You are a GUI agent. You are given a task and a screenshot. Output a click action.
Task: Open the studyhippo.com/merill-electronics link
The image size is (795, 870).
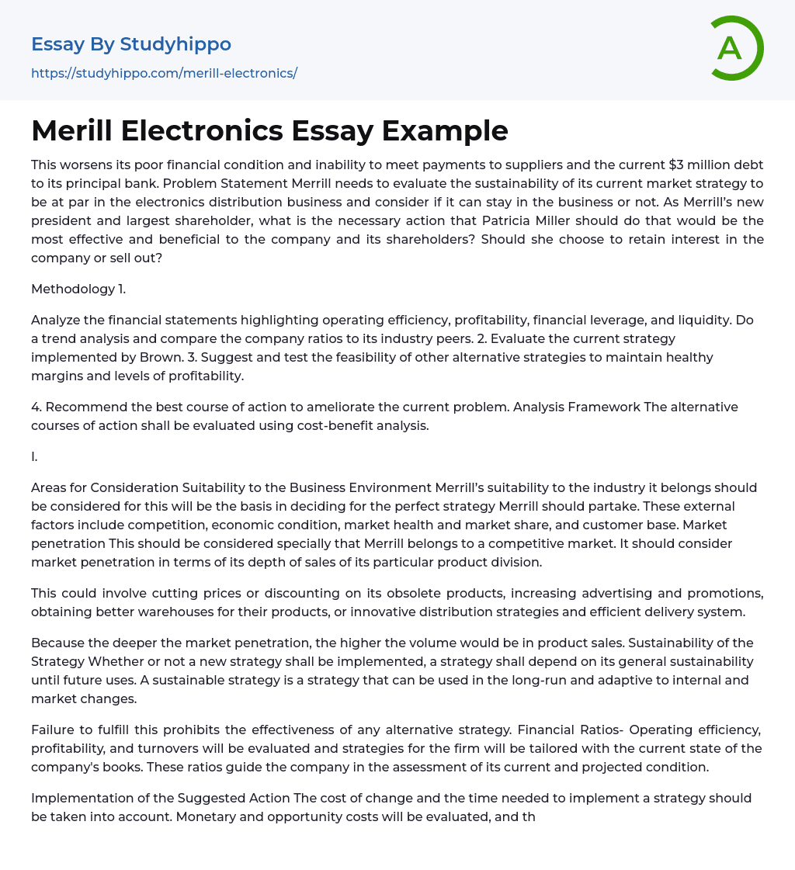click(x=164, y=73)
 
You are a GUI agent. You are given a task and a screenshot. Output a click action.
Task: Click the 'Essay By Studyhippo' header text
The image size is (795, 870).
click(x=131, y=44)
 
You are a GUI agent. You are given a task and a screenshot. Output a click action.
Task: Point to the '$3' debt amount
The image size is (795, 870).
click(x=678, y=165)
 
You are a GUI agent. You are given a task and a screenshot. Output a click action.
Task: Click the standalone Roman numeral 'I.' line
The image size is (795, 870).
click(x=34, y=456)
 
